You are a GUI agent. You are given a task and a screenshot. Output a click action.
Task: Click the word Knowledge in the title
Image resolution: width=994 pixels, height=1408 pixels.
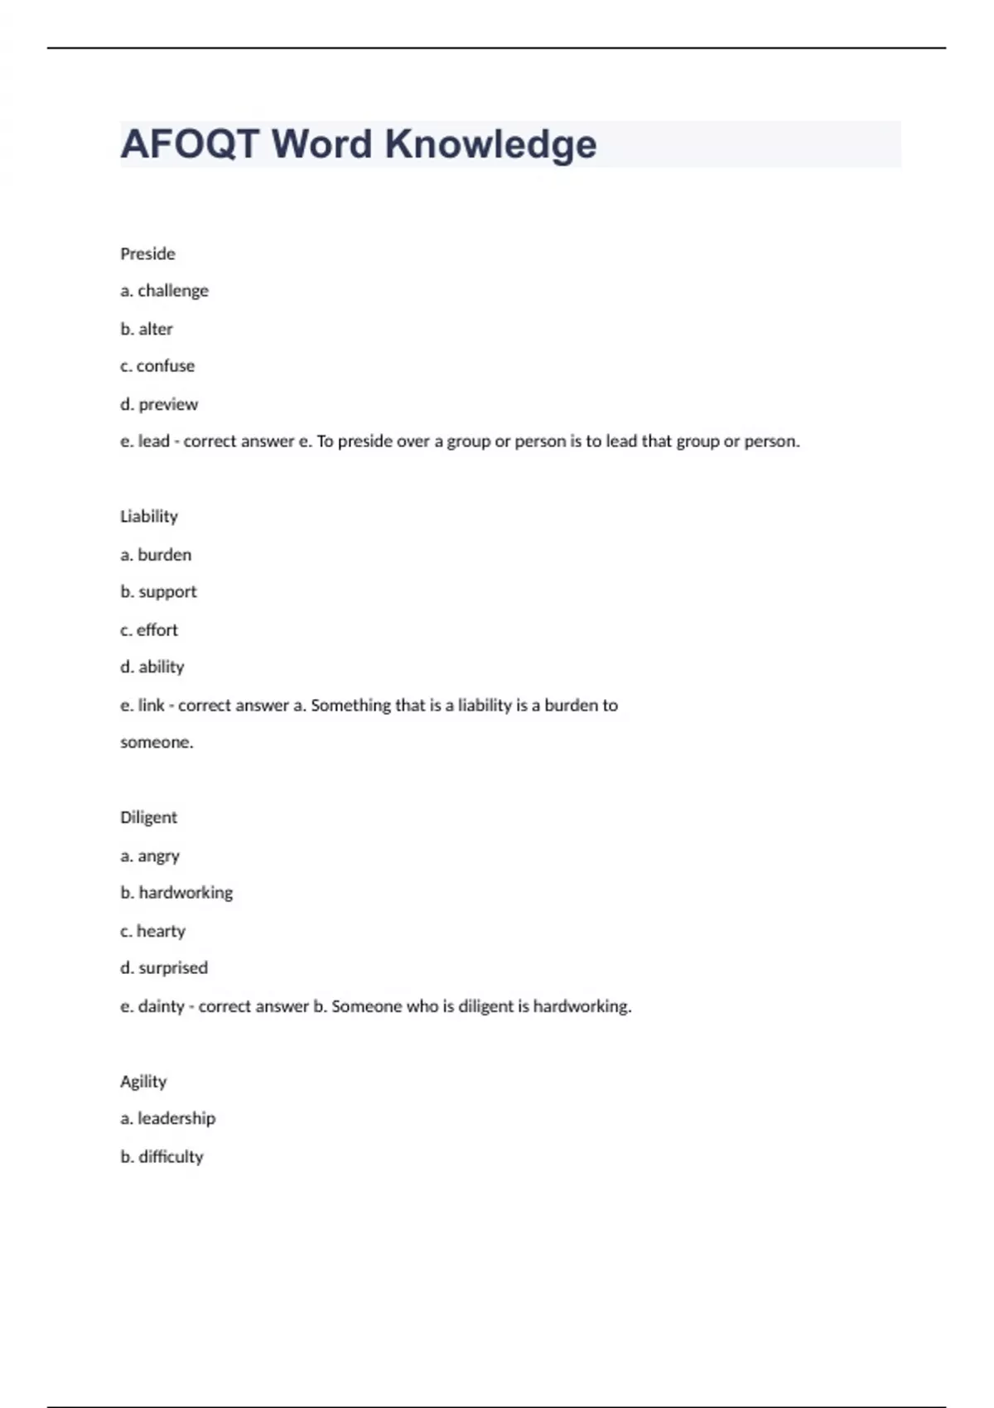[490, 144]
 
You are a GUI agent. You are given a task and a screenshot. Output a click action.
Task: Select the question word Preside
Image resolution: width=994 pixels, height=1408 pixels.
[147, 253]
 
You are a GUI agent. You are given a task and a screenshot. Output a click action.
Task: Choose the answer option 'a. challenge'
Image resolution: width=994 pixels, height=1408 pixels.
[164, 291]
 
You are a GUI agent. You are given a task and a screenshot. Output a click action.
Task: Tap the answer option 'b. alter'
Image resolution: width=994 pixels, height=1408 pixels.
[147, 329]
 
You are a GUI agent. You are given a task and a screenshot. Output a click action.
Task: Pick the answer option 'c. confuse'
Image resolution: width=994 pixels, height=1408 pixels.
[157, 366]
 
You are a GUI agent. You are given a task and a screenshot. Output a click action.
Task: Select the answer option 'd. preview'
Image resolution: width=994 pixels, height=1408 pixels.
[159, 404]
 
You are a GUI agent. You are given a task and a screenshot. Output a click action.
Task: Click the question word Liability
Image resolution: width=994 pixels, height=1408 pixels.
[149, 517]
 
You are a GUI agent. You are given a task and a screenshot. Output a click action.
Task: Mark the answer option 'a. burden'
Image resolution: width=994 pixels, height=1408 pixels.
[156, 554]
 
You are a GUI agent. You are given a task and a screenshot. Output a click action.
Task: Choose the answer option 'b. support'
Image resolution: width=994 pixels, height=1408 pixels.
[158, 591]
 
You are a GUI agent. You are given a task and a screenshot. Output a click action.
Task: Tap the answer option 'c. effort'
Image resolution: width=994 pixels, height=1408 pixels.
[149, 629]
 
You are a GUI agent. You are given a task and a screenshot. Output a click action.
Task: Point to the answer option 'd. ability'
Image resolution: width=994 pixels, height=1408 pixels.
[152, 667]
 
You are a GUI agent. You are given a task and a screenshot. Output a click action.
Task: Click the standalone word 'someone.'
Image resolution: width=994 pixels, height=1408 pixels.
[157, 742]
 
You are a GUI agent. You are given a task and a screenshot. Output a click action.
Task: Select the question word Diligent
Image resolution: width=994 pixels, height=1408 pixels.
[148, 817]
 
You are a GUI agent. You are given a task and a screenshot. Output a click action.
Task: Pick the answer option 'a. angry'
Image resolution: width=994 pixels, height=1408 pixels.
[150, 856]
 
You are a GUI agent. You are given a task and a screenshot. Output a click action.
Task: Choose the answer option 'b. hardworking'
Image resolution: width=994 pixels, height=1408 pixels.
[176, 893]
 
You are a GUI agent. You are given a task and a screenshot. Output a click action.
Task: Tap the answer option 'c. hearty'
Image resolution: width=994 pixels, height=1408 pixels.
[152, 931]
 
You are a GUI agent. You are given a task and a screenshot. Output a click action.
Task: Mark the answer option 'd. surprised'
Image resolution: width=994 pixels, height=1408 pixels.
[164, 968]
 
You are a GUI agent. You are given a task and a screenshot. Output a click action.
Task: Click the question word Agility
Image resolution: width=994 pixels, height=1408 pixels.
[143, 1082]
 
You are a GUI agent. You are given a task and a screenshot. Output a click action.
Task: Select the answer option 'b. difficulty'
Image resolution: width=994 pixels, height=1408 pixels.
[162, 1156]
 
